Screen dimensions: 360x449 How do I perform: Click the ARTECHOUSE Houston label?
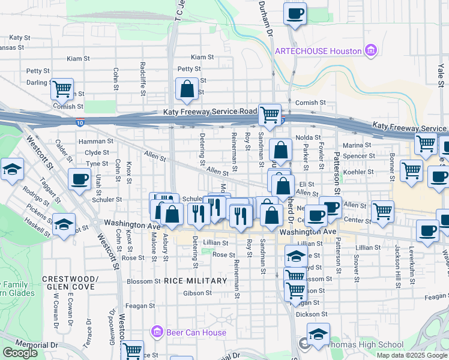coord(318,51)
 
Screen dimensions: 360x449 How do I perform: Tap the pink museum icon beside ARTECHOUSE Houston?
coord(371,50)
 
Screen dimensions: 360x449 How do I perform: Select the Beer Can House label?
coord(197,332)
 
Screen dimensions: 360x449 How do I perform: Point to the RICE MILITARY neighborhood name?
coord(195,281)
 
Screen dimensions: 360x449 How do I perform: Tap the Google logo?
coord(20,353)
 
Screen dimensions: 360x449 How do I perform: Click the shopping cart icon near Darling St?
coord(62,89)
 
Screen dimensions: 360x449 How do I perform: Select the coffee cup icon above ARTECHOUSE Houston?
coord(295,13)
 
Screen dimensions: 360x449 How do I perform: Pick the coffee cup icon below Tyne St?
coord(79,178)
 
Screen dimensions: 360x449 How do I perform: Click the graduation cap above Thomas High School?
coord(318,334)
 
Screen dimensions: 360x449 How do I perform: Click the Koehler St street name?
coord(360,172)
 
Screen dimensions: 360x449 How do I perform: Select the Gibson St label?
coord(198,293)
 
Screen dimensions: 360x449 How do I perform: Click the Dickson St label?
coord(312,314)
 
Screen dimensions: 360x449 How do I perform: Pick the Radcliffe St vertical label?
coord(143,76)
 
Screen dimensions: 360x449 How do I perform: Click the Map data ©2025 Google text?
coord(411,355)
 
